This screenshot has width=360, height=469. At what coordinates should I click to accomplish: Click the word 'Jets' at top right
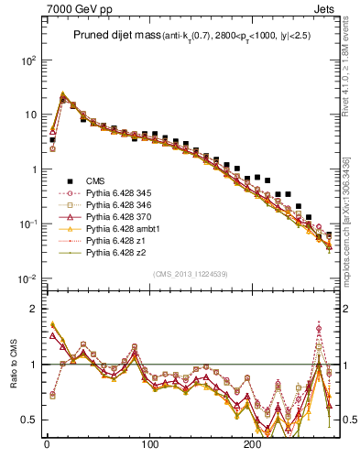(323, 10)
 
